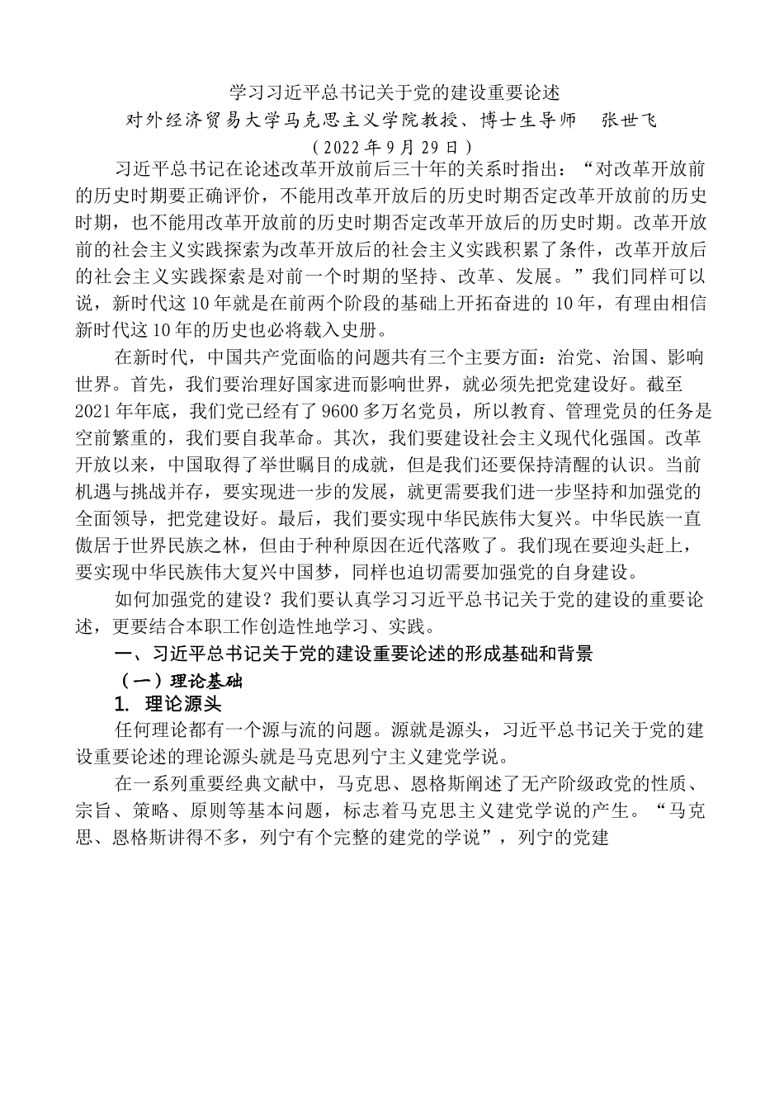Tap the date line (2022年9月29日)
393,148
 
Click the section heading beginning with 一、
354,655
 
